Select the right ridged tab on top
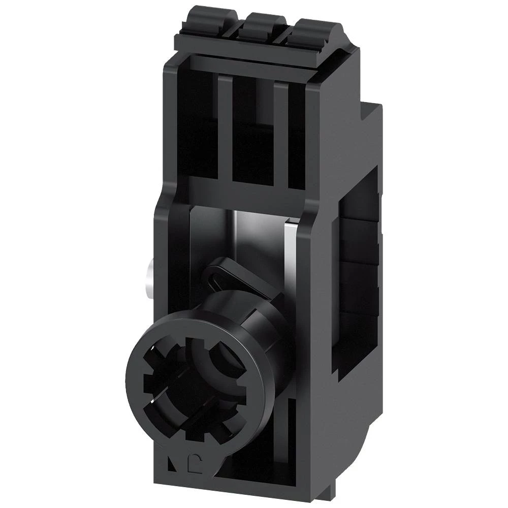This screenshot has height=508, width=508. tap(311, 27)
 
